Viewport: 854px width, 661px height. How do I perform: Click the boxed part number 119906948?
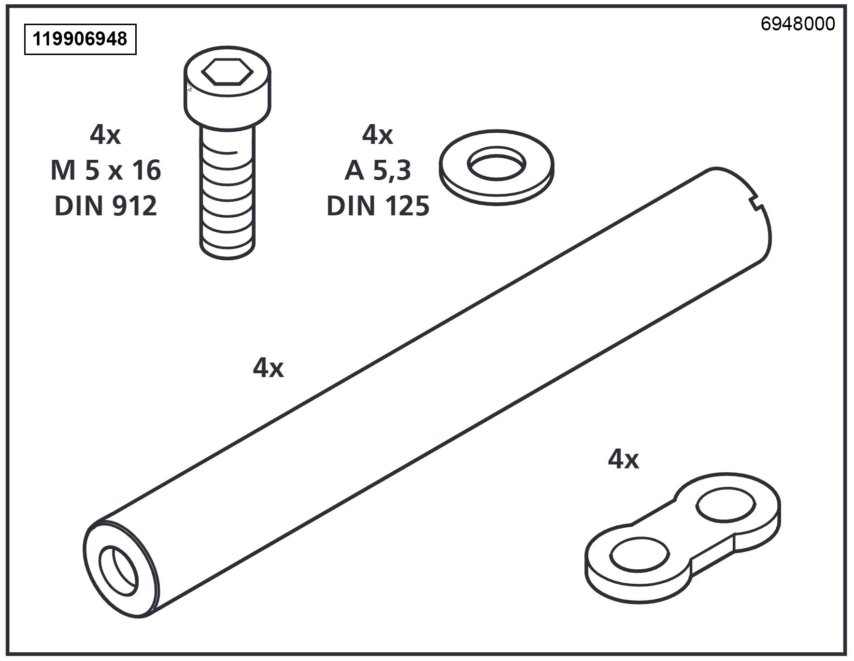pyautogui.click(x=80, y=39)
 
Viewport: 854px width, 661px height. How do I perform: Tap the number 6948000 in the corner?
pyautogui.click(x=797, y=24)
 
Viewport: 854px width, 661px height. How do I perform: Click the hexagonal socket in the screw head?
pyautogui.click(x=227, y=72)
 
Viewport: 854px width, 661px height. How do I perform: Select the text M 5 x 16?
pyautogui.click(x=105, y=170)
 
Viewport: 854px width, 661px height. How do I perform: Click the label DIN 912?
pyautogui.click(x=105, y=206)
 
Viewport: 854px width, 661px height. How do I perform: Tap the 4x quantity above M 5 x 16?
pyautogui.click(x=105, y=135)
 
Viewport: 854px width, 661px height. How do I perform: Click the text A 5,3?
pyautogui.click(x=377, y=170)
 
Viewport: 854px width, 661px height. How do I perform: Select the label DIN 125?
pyautogui.click(x=378, y=206)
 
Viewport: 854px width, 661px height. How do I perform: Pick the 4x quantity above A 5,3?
pyautogui.click(x=377, y=135)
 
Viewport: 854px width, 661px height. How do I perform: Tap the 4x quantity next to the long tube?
pyautogui.click(x=268, y=368)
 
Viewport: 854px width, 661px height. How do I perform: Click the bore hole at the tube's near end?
pyautogui.click(x=118, y=571)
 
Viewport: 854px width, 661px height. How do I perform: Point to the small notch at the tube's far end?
pyautogui.click(x=756, y=203)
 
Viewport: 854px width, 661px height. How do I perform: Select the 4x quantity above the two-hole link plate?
pyautogui.click(x=623, y=459)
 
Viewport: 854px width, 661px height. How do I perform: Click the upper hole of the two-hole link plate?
pyautogui.click(x=725, y=506)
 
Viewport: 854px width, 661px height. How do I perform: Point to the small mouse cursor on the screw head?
pyautogui.click(x=189, y=87)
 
